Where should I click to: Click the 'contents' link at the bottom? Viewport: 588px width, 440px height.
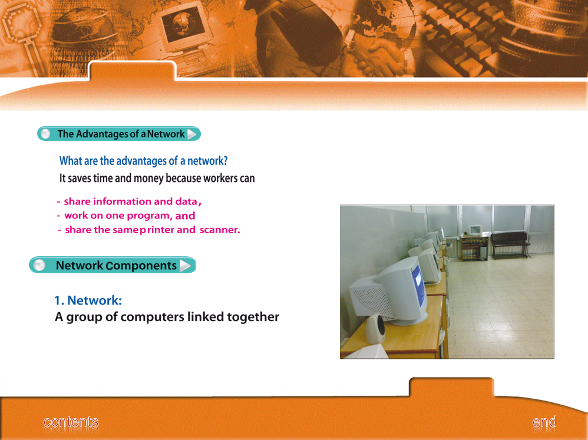pos(71,422)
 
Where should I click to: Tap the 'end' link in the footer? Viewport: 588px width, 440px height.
pos(544,422)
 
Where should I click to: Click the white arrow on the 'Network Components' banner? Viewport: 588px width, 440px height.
pos(185,265)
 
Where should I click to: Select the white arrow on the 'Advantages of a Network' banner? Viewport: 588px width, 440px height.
pos(191,134)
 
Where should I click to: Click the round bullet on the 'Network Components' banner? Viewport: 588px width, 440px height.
pos(39,265)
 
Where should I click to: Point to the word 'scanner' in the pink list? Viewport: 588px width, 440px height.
pos(219,229)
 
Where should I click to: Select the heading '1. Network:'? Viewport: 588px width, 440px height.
pos(88,300)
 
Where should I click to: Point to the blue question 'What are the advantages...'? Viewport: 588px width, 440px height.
pos(143,161)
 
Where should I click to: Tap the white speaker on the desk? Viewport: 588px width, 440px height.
pos(375,329)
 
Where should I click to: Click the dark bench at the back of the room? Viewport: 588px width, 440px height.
pos(510,244)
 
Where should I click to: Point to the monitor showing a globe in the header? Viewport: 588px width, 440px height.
pos(184,27)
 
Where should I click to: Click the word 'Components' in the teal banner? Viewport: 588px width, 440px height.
pos(141,266)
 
